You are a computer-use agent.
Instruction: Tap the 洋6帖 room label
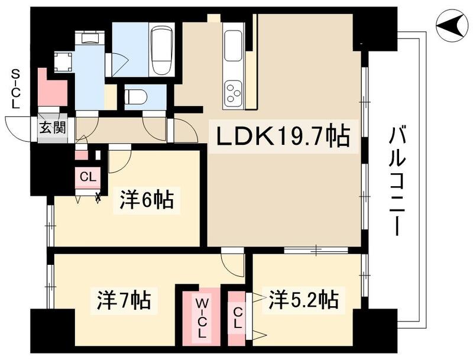click(x=147, y=199)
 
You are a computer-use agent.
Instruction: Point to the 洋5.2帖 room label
click(x=304, y=300)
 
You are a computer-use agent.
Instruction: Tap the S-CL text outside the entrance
click(x=15, y=89)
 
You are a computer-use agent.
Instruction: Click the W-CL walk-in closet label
click(x=202, y=318)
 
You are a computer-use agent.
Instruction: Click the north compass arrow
click(x=451, y=26)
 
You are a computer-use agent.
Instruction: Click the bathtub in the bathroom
click(x=161, y=47)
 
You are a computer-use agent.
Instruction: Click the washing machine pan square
click(x=63, y=60)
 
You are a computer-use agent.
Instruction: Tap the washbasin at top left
click(x=89, y=38)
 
